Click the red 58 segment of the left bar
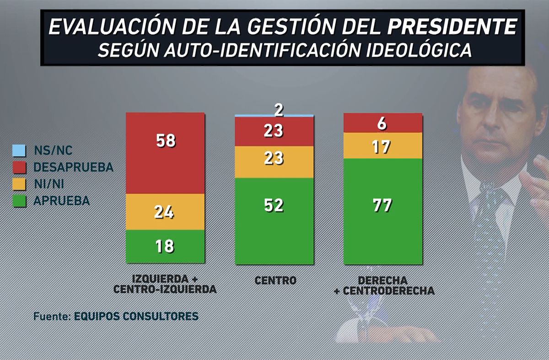pos(165,153)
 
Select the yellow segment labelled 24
pos(165,212)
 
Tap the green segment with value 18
pos(165,247)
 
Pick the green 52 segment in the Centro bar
pos(274,221)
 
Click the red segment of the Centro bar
pos(274,131)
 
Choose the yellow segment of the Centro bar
pos(274,162)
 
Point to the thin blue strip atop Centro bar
pos(274,116)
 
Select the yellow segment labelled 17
pos(382,145)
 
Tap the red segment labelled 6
pos(382,123)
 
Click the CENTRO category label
pos(274,280)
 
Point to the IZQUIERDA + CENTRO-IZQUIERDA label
pos(165,284)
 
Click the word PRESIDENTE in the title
pos(452,27)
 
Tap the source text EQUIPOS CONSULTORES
pos(136,316)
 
